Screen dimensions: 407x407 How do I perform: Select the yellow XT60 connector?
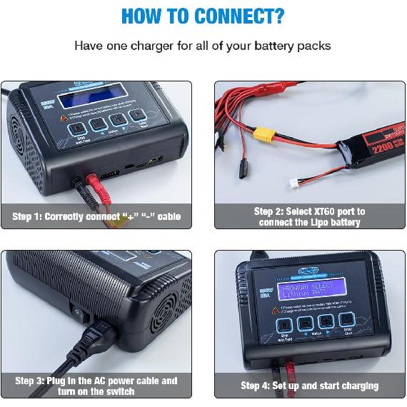[x=261, y=135]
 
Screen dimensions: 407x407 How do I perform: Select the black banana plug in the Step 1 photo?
[x=76, y=185]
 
